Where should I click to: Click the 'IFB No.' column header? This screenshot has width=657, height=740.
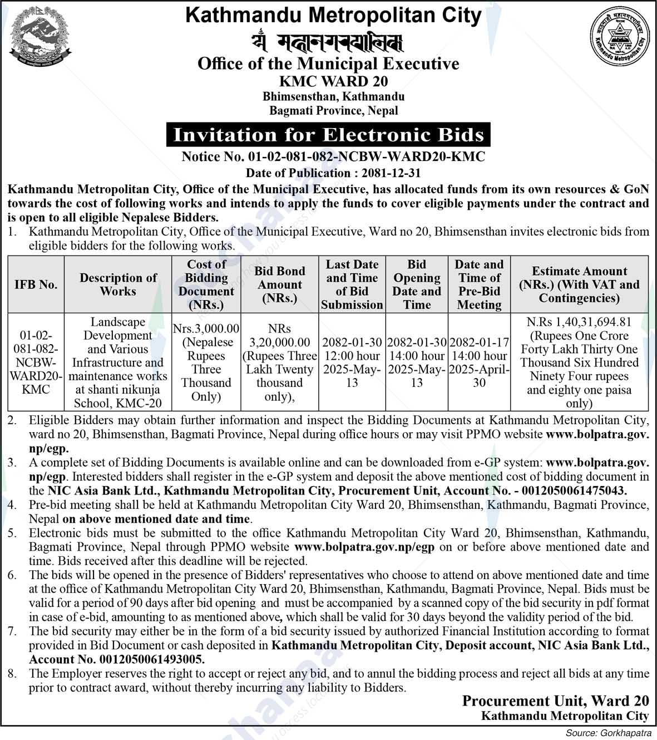click(36, 285)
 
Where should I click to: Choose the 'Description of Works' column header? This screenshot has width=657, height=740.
click(118, 284)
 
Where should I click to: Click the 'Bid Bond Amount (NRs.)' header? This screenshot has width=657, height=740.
click(279, 284)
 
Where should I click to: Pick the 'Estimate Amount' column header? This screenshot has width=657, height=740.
click(579, 284)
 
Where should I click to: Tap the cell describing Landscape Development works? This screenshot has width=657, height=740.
click(118, 362)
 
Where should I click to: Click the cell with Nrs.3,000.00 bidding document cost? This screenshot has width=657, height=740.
click(206, 362)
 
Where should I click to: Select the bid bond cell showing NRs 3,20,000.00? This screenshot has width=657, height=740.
click(279, 362)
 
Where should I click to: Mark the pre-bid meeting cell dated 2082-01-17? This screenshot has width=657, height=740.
click(479, 362)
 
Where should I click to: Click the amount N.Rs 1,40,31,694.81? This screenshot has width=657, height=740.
click(579, 322)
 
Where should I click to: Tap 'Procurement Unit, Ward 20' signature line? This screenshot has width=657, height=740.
click(555, 701)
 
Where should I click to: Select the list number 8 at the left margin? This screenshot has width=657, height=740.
click(11, 673)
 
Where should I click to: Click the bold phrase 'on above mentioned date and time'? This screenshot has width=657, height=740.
click(156, 518)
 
